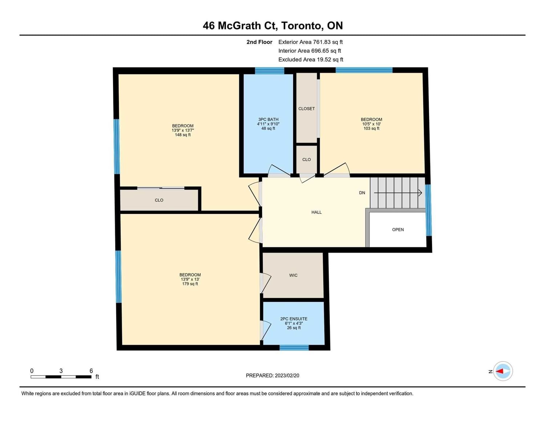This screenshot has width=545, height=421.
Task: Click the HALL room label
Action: (316, 212)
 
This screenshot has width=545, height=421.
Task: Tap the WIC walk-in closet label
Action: (293, 275)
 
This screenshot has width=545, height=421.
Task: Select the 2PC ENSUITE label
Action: (294, 319)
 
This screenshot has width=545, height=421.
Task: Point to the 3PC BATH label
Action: (268, 120)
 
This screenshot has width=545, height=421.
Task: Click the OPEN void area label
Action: (398, 230)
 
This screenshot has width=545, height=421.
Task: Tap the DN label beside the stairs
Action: (362, 193)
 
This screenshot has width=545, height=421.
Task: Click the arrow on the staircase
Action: (398, 193)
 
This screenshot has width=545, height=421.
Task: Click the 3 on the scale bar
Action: (61, 371)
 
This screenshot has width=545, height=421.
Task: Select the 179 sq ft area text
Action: (190, 284)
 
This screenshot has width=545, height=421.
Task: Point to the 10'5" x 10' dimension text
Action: (371, 124)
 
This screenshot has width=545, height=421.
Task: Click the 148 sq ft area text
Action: (183, 135)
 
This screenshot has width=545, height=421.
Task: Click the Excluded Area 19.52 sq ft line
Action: (311, 60)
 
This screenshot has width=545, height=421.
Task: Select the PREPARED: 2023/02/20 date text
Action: (272, 376)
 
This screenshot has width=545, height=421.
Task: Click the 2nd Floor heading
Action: (259, 42)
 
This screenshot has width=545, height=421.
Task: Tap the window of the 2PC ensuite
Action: (294, 348)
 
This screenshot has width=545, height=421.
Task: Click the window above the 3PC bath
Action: (270, 71)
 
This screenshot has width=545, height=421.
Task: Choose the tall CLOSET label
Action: (307, 109)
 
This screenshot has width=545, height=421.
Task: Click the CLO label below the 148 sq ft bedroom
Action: (159, 201)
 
